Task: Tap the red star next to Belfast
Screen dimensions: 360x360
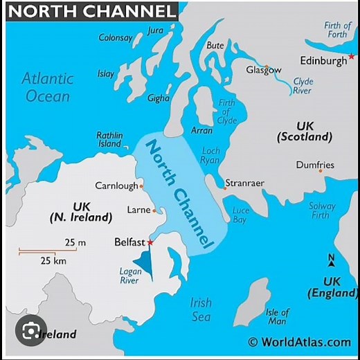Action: click(x=150, y=242)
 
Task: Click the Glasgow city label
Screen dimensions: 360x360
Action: click(x=264, y=70)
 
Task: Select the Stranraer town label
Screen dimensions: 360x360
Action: click(x=244, y=184)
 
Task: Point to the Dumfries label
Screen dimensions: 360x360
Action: click(x=315, y=165)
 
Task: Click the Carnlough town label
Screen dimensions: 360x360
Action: click(x=116, y=186)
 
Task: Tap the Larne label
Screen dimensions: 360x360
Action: click(x=138, y=210)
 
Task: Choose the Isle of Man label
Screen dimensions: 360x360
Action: click(x=277, y=317)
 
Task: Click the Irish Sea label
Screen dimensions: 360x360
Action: click(x=201, y=309)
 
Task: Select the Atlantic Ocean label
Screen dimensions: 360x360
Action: click(x=47, y=87)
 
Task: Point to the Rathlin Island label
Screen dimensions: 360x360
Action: click(x=110, y=140)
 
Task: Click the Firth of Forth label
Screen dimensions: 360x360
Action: click(x=338, y=30)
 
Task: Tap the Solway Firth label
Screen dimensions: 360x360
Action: click(x=322, y=210)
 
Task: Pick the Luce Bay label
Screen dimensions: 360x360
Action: click(x=240, y=215)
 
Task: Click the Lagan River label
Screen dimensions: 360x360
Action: click(x=129, y=276)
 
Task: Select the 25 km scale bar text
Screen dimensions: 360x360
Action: click(x=52, y=261)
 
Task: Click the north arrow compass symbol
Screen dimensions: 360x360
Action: click(x=331, y=261)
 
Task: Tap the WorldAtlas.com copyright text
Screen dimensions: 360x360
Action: click(x=299, y=342)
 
